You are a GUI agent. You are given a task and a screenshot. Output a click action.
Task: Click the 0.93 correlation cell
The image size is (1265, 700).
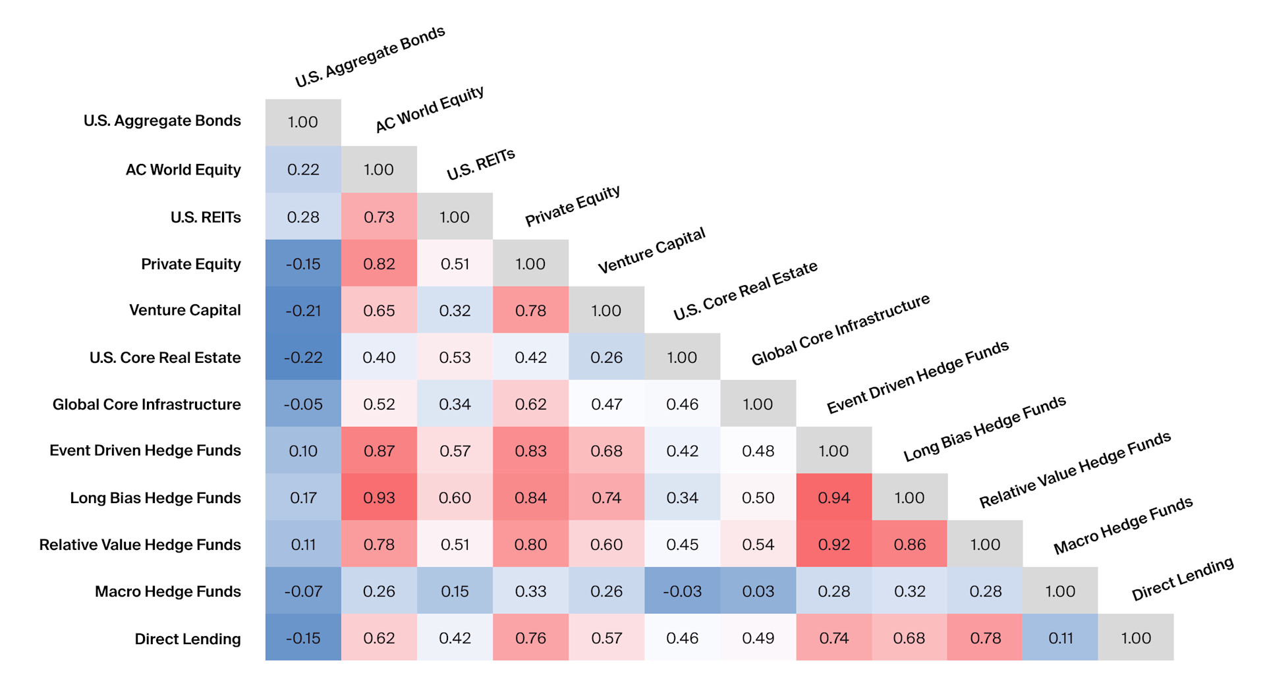[x=379, y=498]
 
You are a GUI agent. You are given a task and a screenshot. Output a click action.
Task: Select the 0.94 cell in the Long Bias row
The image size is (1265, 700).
[x=833, y=498]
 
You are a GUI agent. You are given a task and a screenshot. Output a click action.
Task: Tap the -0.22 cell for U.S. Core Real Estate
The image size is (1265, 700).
[x=303, y=358]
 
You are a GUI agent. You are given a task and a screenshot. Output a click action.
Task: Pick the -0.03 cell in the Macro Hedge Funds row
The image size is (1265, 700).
[x=682, y=591]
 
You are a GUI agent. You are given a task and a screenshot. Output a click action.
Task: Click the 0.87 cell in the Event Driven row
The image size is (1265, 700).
[x=379, y=451]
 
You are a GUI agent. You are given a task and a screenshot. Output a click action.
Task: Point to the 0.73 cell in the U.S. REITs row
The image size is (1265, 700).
[x=379, y=217]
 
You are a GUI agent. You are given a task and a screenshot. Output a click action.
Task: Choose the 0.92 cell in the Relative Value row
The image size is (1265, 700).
[x=833, y=545]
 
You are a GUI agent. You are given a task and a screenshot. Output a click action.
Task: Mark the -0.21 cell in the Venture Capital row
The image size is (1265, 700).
[x=303, y=311]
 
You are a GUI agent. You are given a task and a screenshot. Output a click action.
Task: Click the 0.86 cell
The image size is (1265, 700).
[x=909, y=545]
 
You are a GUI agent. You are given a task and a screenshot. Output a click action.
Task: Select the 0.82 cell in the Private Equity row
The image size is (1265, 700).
[x=379, y=264]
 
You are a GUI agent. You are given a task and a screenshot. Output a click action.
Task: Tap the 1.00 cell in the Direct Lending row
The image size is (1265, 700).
[x=1136, y=638]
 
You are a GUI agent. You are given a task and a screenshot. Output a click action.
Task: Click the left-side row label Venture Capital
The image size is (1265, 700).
[x=185, y=310]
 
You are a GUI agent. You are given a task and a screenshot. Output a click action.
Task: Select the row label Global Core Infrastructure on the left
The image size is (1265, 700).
[x=147, y=404]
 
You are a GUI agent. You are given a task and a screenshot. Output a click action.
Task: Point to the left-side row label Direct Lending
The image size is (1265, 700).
[x=188, y=639]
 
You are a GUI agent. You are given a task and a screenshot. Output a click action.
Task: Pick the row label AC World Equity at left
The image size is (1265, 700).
[x=183, y=170]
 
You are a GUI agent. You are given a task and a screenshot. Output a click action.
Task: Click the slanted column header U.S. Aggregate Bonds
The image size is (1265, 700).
[x=370, y=57]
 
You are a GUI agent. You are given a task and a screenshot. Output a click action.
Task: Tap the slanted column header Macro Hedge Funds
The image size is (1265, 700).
[x=1123, y=525]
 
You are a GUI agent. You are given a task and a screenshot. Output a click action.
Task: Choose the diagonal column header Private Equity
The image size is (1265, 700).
[x=572, y=206]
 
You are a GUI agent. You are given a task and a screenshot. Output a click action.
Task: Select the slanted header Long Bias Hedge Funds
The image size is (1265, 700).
[x=984, y=429]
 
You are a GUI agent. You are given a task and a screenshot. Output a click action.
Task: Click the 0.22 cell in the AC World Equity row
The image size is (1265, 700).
[x=303, y=170]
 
